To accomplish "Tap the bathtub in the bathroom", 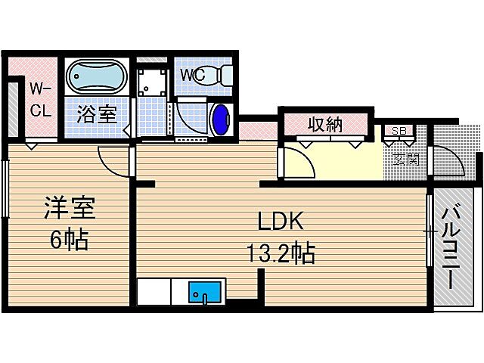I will click(97, 77).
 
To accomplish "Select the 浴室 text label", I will click(97, 115).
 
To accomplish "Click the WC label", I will click(193, 76).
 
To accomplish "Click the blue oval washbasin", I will click(221, 119).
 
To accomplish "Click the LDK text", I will click(281, 222).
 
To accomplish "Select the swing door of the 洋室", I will click(113, 160).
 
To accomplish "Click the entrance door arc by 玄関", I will click(445, 160).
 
